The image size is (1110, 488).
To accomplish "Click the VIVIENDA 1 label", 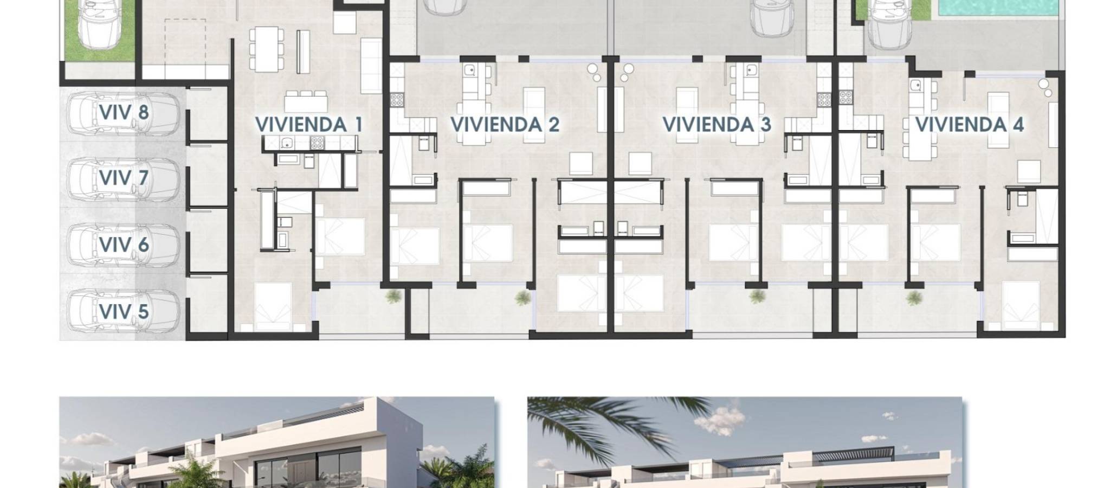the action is click(308, 124).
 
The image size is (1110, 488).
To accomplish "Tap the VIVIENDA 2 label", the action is click(505, 124).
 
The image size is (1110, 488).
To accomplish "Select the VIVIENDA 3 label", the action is click(717, 124).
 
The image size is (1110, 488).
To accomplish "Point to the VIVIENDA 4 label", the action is click(969, 124).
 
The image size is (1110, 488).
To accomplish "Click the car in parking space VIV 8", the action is click(123, 113).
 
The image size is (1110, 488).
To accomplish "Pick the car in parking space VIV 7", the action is click(123, 178).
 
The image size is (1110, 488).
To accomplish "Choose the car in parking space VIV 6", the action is click(123, 245).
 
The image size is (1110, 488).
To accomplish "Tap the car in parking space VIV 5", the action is click(123, 311).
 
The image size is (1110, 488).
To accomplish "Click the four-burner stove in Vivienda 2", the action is click(397, 100).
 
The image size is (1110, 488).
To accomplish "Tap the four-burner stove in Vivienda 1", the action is click(317, 143).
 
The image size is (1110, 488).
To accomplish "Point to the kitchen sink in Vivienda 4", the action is click(916, 85).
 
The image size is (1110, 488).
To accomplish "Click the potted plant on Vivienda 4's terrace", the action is click(914, 297).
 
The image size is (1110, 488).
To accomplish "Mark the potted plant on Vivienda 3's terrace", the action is click(757, 297).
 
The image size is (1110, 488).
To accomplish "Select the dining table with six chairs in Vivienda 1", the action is click(266, 49).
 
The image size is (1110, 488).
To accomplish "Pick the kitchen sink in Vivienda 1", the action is click(288, 143).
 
